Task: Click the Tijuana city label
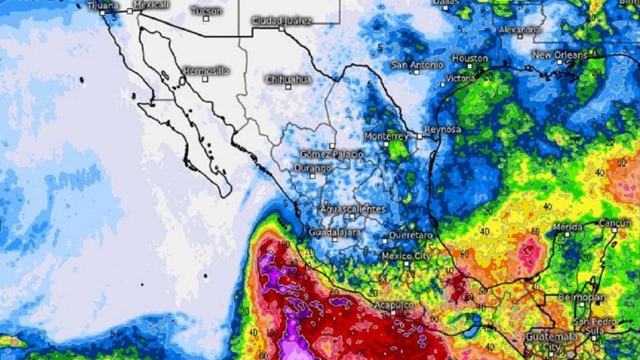(x=103, y=6)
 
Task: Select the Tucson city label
(x=206, y=11)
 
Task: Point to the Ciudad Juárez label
(x=281, y=21)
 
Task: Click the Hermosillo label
(x=206, y=71)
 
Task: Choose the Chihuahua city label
(x=288, y=79)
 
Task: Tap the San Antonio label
(x=417, y=65)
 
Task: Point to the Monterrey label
(x=386, y=136)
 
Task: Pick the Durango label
(x=312, y=168)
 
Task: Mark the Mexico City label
(x=406, y=256)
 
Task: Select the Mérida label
(x=567, y=227)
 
